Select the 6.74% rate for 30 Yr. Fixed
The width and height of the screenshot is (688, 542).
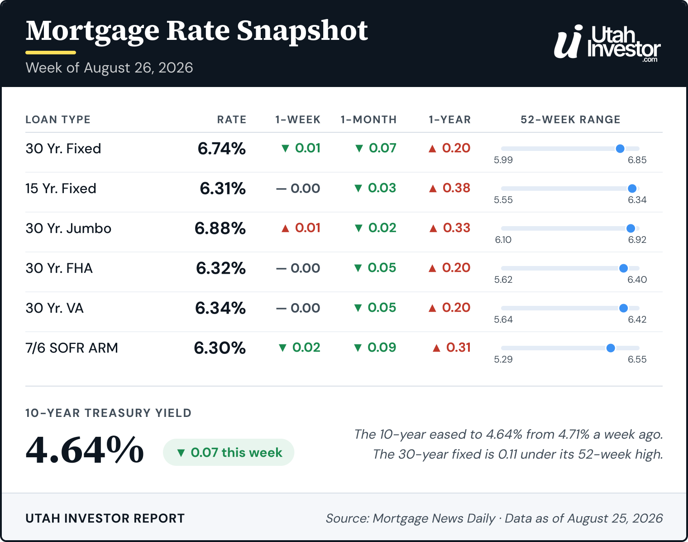(x=221, y=149)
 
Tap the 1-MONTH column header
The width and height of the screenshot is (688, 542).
(x=368, y=120)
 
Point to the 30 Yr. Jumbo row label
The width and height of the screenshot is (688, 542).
(x=68, y=228)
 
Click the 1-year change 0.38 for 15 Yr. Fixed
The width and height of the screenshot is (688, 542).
(x=449, y=188)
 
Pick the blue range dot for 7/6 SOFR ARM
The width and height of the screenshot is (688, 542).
(x=611, y=348)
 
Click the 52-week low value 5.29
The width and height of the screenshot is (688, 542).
(x=503, y=359)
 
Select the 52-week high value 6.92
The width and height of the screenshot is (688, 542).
(x=637, y=239)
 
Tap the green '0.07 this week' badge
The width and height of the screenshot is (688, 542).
(x=229, y=452)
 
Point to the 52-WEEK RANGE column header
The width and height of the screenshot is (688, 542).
(x=570, y=120)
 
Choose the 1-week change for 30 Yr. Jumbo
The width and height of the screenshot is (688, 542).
(x=301, y=228)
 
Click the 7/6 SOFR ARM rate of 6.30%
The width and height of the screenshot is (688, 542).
(x=220, y=348)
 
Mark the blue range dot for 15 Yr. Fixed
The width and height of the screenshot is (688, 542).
(x=632, y=189)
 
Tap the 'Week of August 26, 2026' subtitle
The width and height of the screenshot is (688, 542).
(x=110, y=68)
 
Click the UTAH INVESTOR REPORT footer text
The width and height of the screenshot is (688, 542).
(x=105, y=518)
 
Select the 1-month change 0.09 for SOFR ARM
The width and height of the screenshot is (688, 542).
(x=375, y=347)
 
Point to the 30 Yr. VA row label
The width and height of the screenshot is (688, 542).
(x=55, y=308)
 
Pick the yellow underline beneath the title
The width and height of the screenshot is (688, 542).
(x=51, y=53)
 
